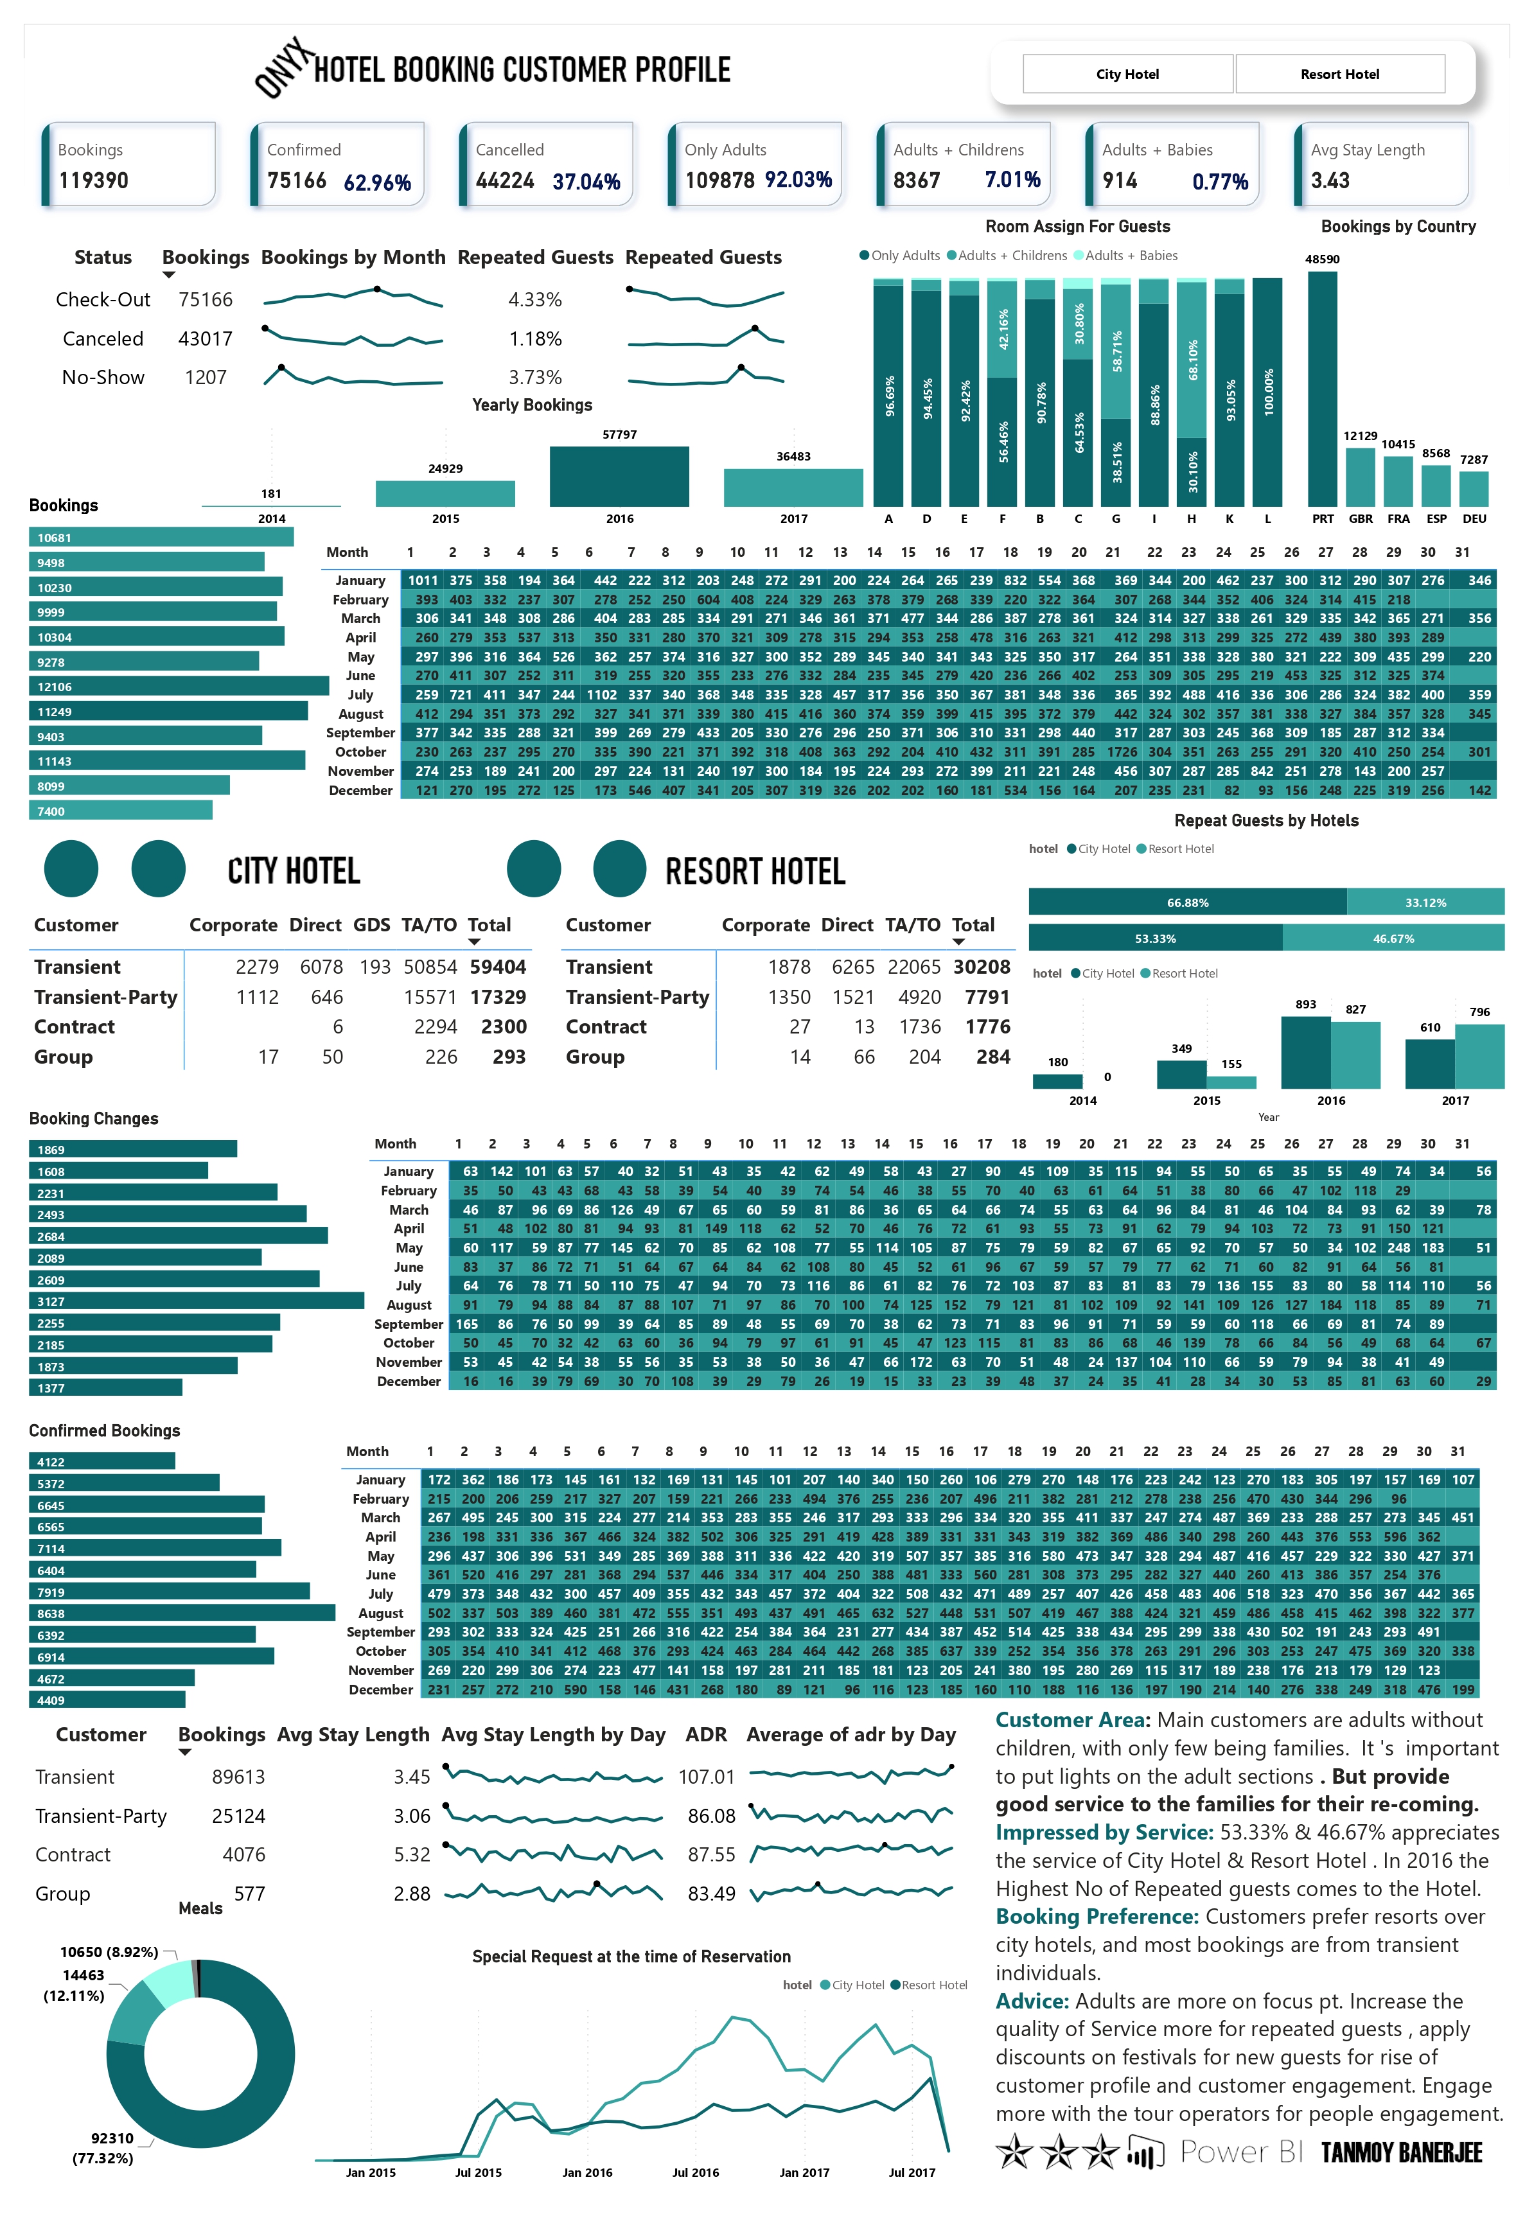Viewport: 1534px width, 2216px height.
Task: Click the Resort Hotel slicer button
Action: pos(1340,74)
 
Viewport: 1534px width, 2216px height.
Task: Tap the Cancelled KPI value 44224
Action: pos(505,180)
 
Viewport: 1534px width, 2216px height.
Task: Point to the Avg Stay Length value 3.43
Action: pos(1330,180)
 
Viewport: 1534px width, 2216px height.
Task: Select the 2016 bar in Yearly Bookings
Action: pos(619,476)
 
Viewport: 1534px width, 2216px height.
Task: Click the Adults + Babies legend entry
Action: pos(1125,256)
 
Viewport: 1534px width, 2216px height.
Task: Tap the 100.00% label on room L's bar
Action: pos(1269,392)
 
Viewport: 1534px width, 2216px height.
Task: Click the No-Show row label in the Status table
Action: pos(103,378)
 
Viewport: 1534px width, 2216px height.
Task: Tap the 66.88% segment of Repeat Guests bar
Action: pos(1187,902)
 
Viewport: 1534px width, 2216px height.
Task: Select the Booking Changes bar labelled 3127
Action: pos(196,1301)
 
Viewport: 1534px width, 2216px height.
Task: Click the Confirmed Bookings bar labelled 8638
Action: pos(182,1614)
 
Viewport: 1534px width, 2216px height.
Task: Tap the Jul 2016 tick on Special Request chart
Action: pos(695,2173)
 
